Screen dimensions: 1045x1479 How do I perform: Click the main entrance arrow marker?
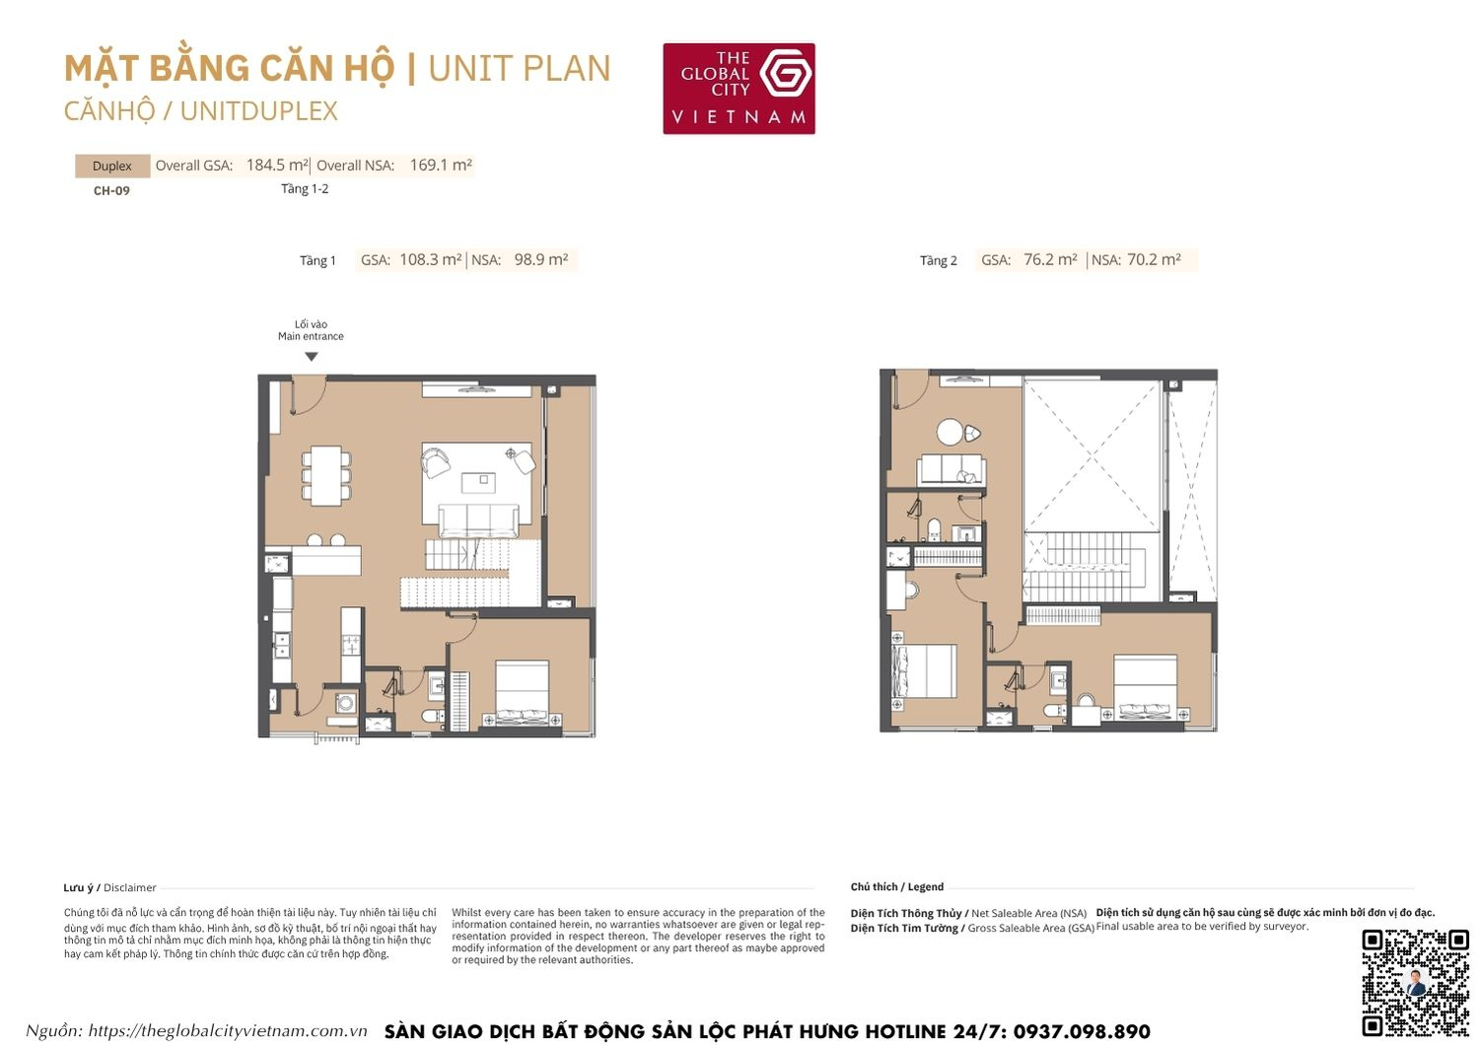pos(312,357)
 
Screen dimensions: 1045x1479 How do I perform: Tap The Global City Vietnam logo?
pos(739,88)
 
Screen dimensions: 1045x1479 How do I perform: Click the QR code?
pos(1415,982)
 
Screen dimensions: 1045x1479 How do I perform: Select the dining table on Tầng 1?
pos(326,475)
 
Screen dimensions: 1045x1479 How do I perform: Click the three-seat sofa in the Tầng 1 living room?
pos(478,520)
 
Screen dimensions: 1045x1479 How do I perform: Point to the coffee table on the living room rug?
pos(480,481)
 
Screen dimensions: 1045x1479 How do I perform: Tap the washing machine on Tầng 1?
pos(346,703)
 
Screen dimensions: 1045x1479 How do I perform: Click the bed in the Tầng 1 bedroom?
pos(522,692)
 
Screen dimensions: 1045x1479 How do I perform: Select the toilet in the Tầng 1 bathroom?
pos(433,713)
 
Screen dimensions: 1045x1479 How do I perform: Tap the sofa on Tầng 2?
pos(951,469)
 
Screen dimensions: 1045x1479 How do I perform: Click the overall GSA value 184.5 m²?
pos(277,166)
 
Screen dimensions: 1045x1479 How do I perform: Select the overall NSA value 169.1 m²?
pos(440,166)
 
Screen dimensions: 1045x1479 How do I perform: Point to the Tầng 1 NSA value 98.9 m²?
pos(541,260)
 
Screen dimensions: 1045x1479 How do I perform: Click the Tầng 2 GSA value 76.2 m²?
pos(1050,260)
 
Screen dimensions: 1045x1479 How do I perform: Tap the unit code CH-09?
pos(111,191)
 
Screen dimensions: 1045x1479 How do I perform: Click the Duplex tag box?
pos(112,166)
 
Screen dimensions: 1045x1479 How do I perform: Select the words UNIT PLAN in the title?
pos(520,69)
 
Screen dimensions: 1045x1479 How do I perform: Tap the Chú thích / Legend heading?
pos(897,887)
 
